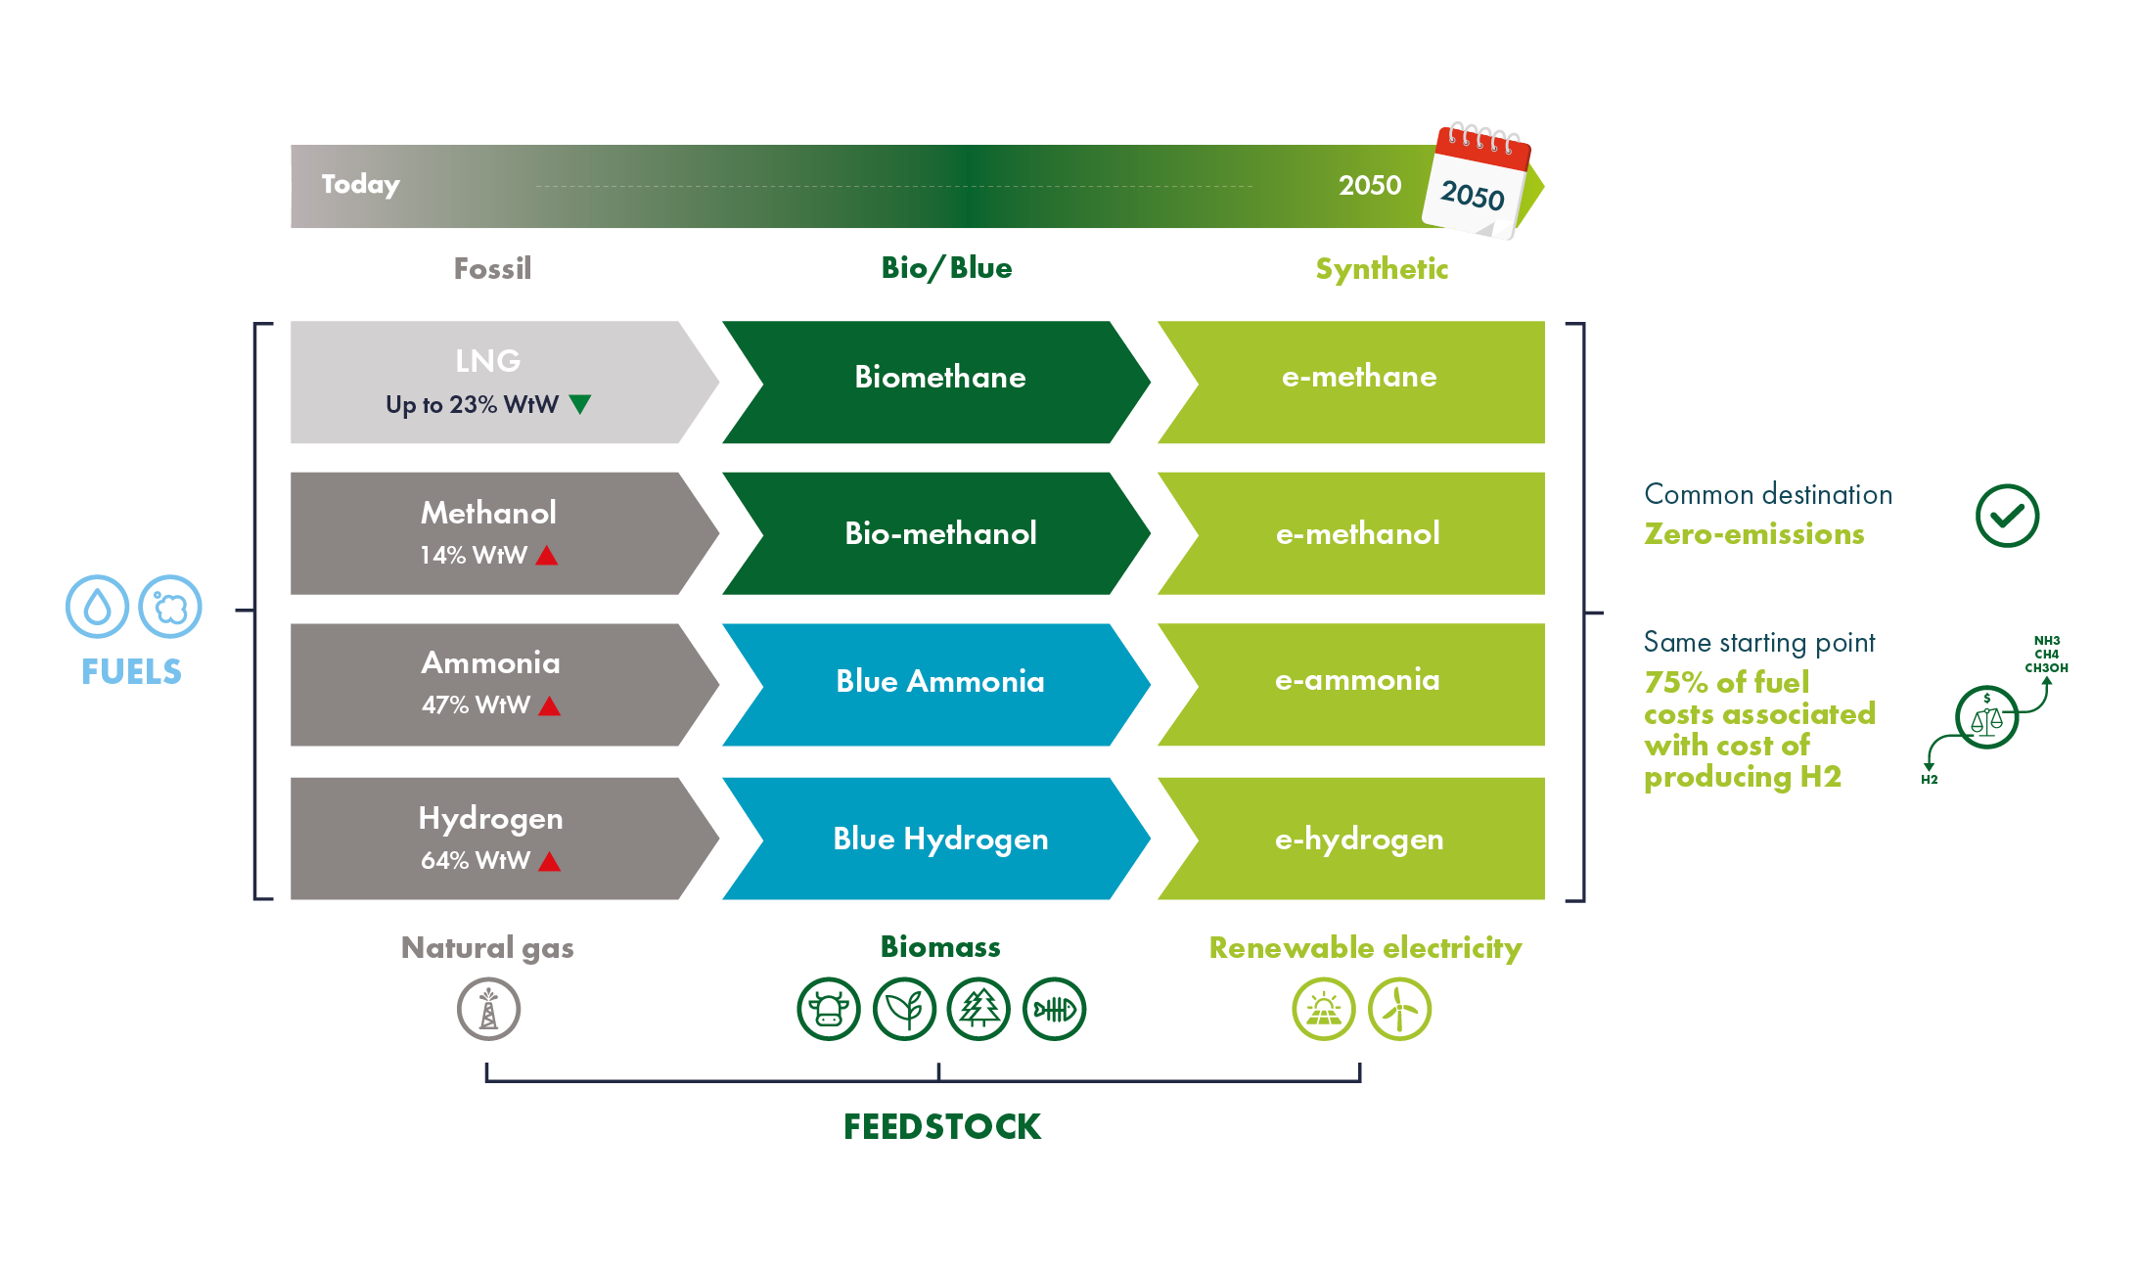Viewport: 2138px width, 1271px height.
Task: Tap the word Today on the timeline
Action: pos(360,184)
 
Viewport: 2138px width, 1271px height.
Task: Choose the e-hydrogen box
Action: pos(1357,839)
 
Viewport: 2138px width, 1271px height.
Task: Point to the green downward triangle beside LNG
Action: pos(580,403)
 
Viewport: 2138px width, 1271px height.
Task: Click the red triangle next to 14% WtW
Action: pos(547,556)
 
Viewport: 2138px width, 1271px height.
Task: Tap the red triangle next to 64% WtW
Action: pos(550,861)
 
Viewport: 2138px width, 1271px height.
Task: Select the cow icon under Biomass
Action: pos(828,1009)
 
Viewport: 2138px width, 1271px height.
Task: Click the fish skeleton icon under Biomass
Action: pos(1054,1009)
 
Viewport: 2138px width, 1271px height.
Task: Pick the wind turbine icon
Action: pos(1399,1009)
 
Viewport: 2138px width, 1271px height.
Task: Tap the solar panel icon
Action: pos(1323,1009)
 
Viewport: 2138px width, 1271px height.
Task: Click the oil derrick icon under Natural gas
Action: pos(488,1009)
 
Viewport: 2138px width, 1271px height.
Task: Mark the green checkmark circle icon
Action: pos(2006,516)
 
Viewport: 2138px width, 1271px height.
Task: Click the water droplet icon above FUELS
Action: pos(97,607)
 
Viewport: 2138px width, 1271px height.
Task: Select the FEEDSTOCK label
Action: pos(942,1126)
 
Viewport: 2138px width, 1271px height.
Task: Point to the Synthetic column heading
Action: pos(1381,268)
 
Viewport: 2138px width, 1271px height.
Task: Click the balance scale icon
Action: pos(1985,718)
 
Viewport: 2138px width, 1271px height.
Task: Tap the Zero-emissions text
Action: pos(1753,534)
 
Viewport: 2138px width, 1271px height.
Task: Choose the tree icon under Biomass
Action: pos(978,1009)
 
